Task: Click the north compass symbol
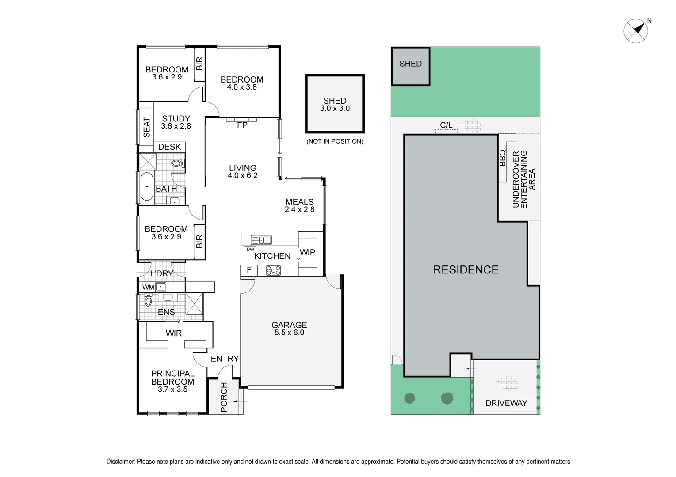[x=636, y=31]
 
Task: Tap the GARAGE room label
[x=289, y=325]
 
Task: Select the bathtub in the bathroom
[x=146, y=187]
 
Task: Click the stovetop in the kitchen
[x=273, y=270]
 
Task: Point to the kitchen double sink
[x=261, y=240]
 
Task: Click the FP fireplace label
[x=242, y=125]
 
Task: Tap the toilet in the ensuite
[x=148, y=301]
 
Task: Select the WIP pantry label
[x=307, y=252]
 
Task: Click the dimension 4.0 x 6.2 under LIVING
[x=242, y=176]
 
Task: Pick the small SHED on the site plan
[x=410, y=66]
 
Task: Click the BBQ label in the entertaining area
[x=502, y=158]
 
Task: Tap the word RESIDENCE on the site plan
[x=466, y=270]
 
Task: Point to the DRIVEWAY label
[x=506, y=403]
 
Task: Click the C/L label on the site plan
[x=446, y=125]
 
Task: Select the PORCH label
[x=224, y=397]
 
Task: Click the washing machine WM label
[x=148, y=288]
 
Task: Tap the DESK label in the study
[x=169, y=147]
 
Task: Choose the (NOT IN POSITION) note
[x=335, y=141]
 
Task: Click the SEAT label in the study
[x=147, y=127]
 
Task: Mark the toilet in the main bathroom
[x=177, y=163]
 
